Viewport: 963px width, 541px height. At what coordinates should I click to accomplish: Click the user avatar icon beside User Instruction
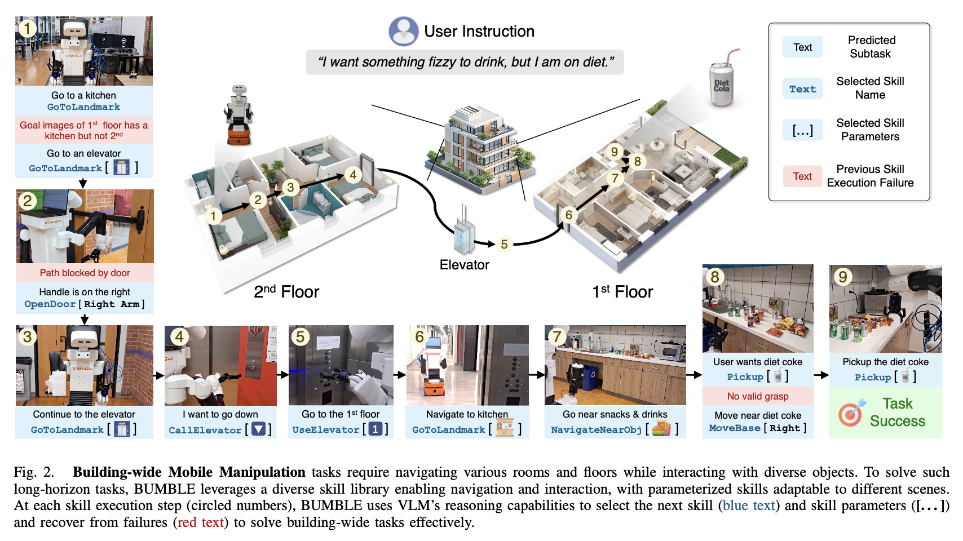tap(403, 31)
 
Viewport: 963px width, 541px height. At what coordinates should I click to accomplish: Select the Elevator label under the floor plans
tap(464, 265)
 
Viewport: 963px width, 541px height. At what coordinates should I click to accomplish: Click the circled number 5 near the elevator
tap(504, 244)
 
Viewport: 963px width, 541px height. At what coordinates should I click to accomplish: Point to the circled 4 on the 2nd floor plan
tap(353, 175)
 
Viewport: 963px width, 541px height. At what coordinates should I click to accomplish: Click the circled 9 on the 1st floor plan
tap(614, 152)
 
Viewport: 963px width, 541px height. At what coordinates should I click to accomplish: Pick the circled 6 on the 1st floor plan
tap(568, 215)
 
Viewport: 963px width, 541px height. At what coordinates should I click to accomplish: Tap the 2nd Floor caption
tap(286, 291)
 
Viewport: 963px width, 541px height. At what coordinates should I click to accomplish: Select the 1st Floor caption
tap(622, 291)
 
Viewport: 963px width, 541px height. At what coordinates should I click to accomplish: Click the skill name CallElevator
tap(205, 430)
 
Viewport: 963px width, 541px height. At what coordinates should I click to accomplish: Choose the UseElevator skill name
tap(325, 429)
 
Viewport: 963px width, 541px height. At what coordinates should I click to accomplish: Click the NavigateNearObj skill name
tap(596, 429)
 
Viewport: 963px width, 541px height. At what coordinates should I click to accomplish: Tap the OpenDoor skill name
tap(50, 304)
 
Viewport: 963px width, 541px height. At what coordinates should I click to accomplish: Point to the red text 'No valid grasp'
tap(757, 396)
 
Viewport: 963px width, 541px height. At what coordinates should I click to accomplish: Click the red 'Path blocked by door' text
tap(85, 273)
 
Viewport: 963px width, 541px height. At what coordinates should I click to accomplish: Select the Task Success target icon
tap(851, 413)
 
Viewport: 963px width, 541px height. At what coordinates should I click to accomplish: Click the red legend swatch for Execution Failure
tap(802, 176)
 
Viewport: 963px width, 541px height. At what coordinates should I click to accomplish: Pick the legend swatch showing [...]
tap(802, 130)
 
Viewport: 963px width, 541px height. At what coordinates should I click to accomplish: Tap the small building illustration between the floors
tap(479, 147)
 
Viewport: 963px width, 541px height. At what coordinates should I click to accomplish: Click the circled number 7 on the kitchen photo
tap(557, 336)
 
